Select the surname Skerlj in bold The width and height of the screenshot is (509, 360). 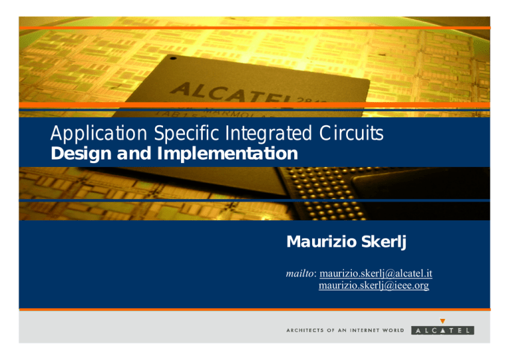click(381, 243)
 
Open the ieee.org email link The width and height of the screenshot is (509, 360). click(374, 286)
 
